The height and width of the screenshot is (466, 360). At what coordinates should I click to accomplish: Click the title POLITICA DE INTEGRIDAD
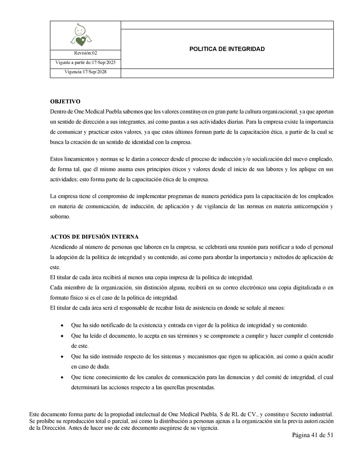pos(227,49)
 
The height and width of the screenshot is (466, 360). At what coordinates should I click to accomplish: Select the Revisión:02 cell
pos(85,53)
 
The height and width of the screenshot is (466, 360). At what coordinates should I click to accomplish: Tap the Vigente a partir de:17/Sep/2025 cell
pos(85,63)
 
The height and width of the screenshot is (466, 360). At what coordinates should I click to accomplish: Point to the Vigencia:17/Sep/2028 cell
pos(85,72)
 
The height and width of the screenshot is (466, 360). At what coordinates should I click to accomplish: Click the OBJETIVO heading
pos(65,101)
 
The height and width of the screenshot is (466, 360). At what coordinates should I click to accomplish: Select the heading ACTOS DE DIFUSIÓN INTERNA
pos(94,237)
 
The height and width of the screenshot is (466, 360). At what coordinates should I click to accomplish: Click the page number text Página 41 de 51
pos(313,435)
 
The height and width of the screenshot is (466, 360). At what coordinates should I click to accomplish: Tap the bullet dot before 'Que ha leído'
pos(62,336)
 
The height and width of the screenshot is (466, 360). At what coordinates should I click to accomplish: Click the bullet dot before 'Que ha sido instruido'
pos(62,357)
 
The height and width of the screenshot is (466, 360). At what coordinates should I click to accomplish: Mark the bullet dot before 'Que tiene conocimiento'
pos(62,377)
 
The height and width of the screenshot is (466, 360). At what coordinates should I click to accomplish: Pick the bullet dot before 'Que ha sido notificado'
pos(62,325)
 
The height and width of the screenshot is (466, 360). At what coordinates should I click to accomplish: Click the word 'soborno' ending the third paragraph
pos(59,216)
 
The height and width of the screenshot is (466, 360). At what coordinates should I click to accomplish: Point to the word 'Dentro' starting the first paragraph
pos(58,112)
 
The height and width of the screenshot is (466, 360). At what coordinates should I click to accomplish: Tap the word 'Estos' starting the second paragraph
pos(56,159)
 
